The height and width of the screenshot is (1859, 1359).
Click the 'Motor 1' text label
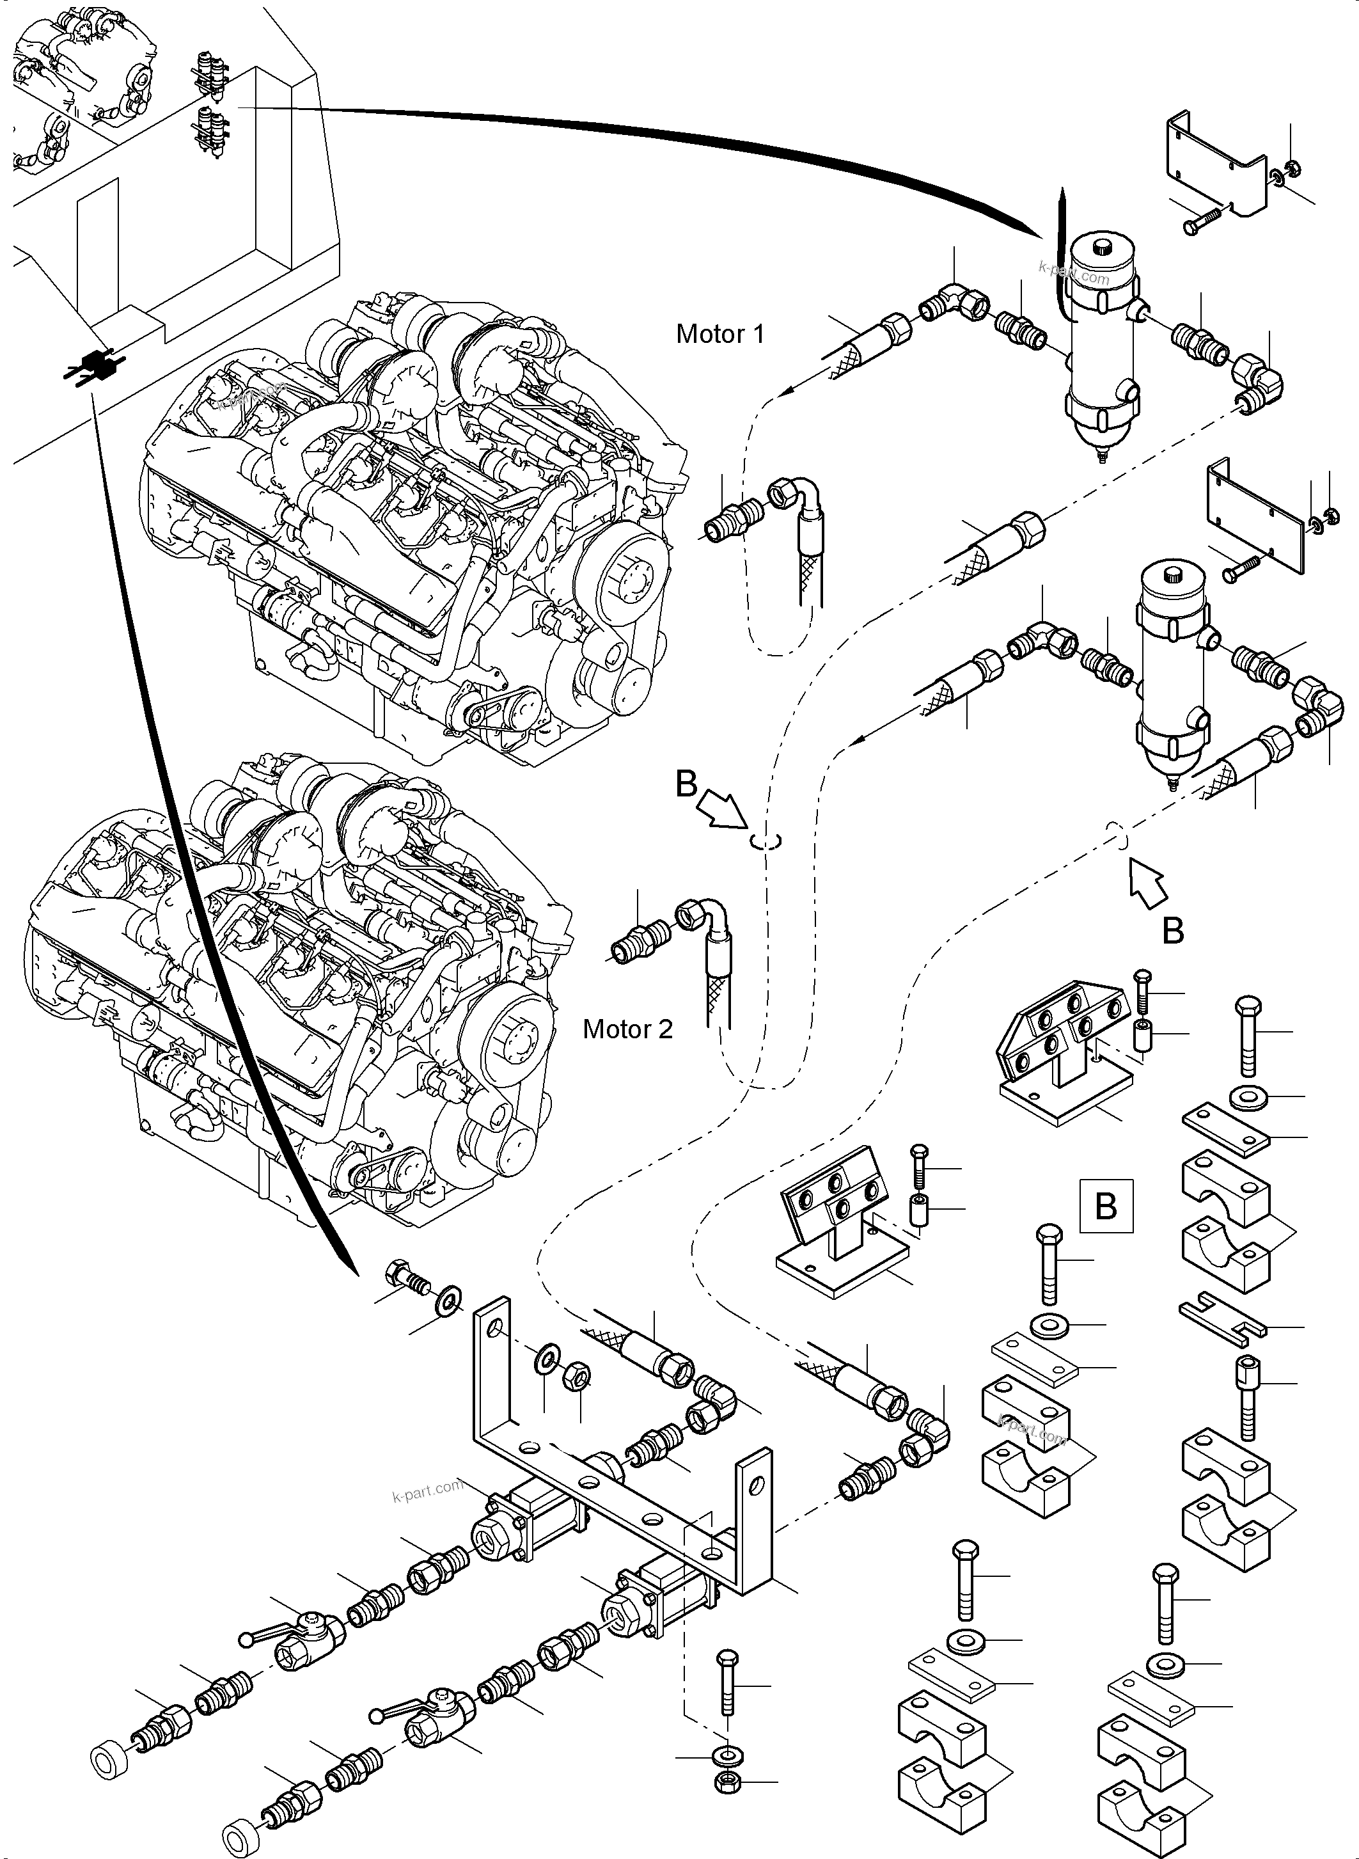(720, 334)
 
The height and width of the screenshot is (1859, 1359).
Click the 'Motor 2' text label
(627, 1029)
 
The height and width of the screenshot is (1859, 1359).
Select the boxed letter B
(1106, 1206)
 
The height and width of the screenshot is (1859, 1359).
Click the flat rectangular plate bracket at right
(1255, 518)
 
